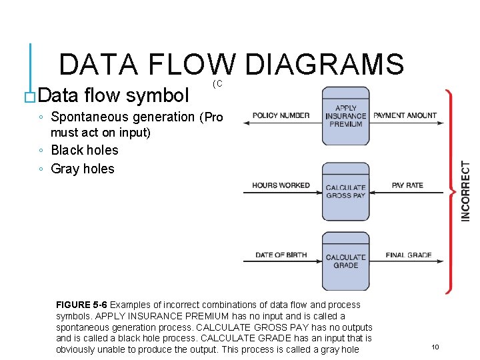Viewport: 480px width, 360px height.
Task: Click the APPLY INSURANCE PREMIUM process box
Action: click(x=345, y=116)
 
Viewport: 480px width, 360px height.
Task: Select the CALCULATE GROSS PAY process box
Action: click(x=345, y=192)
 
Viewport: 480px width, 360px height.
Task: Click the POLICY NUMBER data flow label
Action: click(x=281, y=115)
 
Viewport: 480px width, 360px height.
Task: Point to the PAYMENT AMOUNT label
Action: click(x=405, y=115)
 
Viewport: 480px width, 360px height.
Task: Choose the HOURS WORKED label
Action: click(x=281, y=185)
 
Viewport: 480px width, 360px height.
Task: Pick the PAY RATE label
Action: click(x=407, y=185)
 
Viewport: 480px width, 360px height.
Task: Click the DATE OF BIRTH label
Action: click(x=281, y=255)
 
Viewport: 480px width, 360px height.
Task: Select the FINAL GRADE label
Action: click(x=408, y=255)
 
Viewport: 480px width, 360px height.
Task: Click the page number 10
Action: click(x=435, y=347)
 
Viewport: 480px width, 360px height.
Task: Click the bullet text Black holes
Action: click(x=85, y=150)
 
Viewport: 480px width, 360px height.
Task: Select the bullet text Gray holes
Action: click(x=83, y=169)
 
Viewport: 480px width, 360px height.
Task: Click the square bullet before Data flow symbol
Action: click(x=29, y=97)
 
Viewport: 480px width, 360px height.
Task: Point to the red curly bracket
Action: click(x=452, y=190)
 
